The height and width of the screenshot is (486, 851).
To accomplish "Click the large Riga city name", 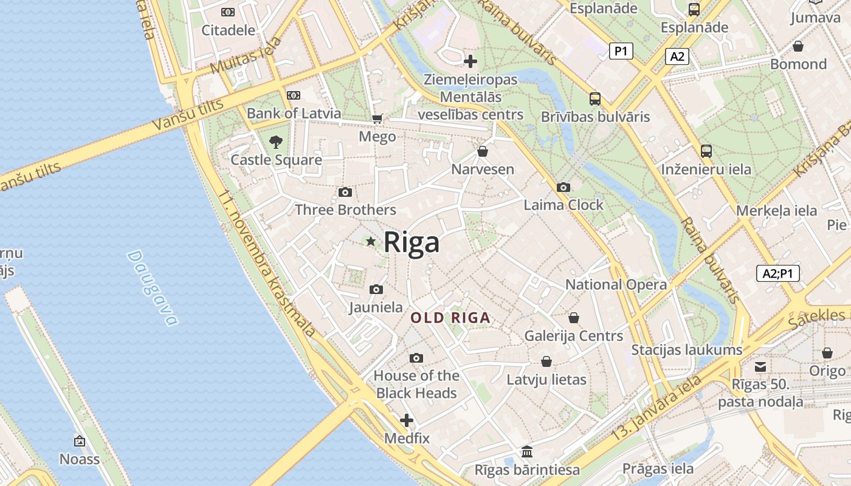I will click(412, 242).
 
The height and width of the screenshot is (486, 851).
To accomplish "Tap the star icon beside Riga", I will click(371, 242).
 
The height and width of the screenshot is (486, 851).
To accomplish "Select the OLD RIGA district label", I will click(450, 318).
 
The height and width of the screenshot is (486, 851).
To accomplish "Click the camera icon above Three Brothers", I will click(345, 193).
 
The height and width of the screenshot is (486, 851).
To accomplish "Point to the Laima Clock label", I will click(563, 205).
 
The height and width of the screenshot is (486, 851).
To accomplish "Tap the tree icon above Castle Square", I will click(276, 142).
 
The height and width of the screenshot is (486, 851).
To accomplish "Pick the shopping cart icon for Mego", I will click(377, 118).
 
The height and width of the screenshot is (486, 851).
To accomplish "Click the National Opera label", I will click(616, 284).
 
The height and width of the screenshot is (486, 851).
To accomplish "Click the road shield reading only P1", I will click(621, 51).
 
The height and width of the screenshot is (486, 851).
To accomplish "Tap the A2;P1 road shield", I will click(778, 273).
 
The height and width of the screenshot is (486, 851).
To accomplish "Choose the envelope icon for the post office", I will click(760, 366).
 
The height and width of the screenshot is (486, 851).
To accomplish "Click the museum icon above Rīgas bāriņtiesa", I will click(527, 452).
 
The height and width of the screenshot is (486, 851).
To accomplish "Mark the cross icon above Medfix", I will click(407, 420).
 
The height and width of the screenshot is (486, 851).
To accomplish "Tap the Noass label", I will click(80, 459).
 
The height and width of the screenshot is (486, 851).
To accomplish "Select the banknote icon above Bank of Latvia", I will click(294, 95).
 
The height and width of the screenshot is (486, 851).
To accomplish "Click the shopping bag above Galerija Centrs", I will click(573, 318).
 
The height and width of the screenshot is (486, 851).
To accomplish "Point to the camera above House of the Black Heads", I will click(416, 358).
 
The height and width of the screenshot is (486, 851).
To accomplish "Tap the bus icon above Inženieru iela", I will click(706, 151).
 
